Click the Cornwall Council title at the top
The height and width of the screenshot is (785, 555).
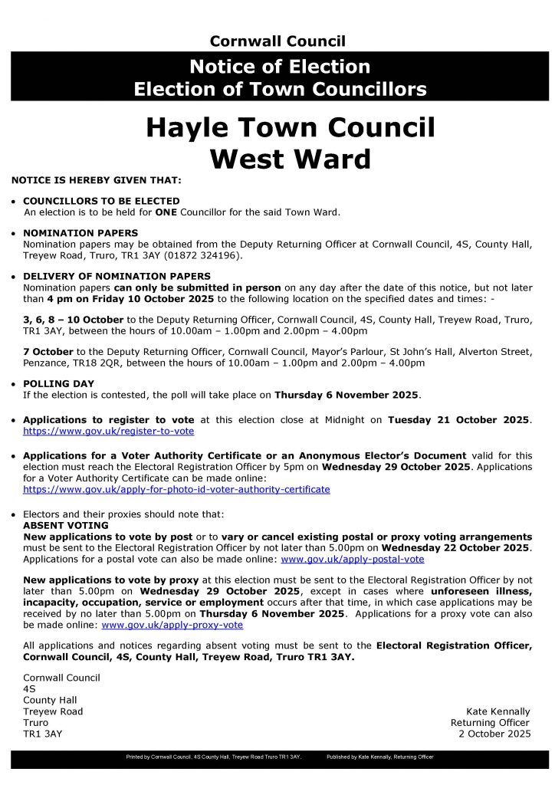point(277,41)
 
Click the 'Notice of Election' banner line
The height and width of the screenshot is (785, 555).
point(280,67)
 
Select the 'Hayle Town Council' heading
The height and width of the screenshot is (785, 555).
point(291,126)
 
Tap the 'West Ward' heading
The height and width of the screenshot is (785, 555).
point(291,158)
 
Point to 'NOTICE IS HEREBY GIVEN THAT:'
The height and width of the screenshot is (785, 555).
point(96,180)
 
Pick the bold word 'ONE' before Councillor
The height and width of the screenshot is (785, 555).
point(166,212)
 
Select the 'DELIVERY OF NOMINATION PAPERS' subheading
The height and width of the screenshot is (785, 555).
point(117,276)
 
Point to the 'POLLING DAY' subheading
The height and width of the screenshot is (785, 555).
point(59,383)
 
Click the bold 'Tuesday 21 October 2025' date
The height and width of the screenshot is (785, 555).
point(458,420)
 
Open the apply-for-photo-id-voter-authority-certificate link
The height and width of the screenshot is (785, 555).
point(176,489)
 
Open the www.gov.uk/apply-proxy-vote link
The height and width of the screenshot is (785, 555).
point(172,625)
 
